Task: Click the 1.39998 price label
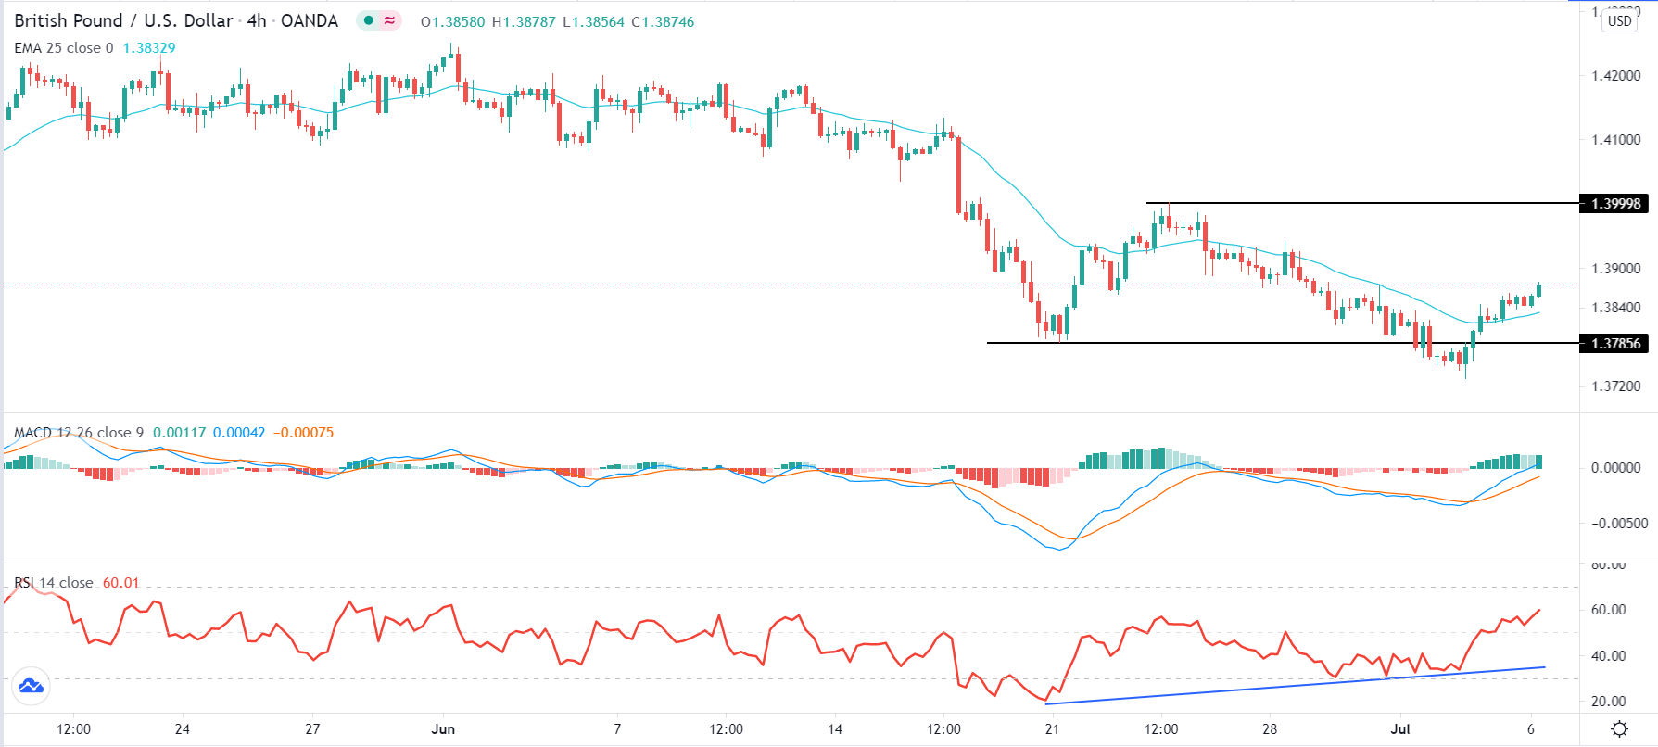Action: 1615,204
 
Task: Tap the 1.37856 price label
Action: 1615,344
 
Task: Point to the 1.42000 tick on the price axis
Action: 1615,76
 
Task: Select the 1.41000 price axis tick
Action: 1615,140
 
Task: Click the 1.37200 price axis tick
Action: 1615,386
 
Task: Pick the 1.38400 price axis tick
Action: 1615,308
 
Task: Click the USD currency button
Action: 1620,20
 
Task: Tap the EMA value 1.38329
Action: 149,48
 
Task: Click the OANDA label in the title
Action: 310,20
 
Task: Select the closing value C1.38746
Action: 663,21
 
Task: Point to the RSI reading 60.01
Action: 121,583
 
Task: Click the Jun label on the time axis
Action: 443,729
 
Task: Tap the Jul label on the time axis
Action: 1399,729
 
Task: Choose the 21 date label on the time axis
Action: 1051,729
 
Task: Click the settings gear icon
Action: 1619,729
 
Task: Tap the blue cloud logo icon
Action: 31,687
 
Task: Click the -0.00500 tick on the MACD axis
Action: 1619,524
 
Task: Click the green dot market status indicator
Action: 369,20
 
